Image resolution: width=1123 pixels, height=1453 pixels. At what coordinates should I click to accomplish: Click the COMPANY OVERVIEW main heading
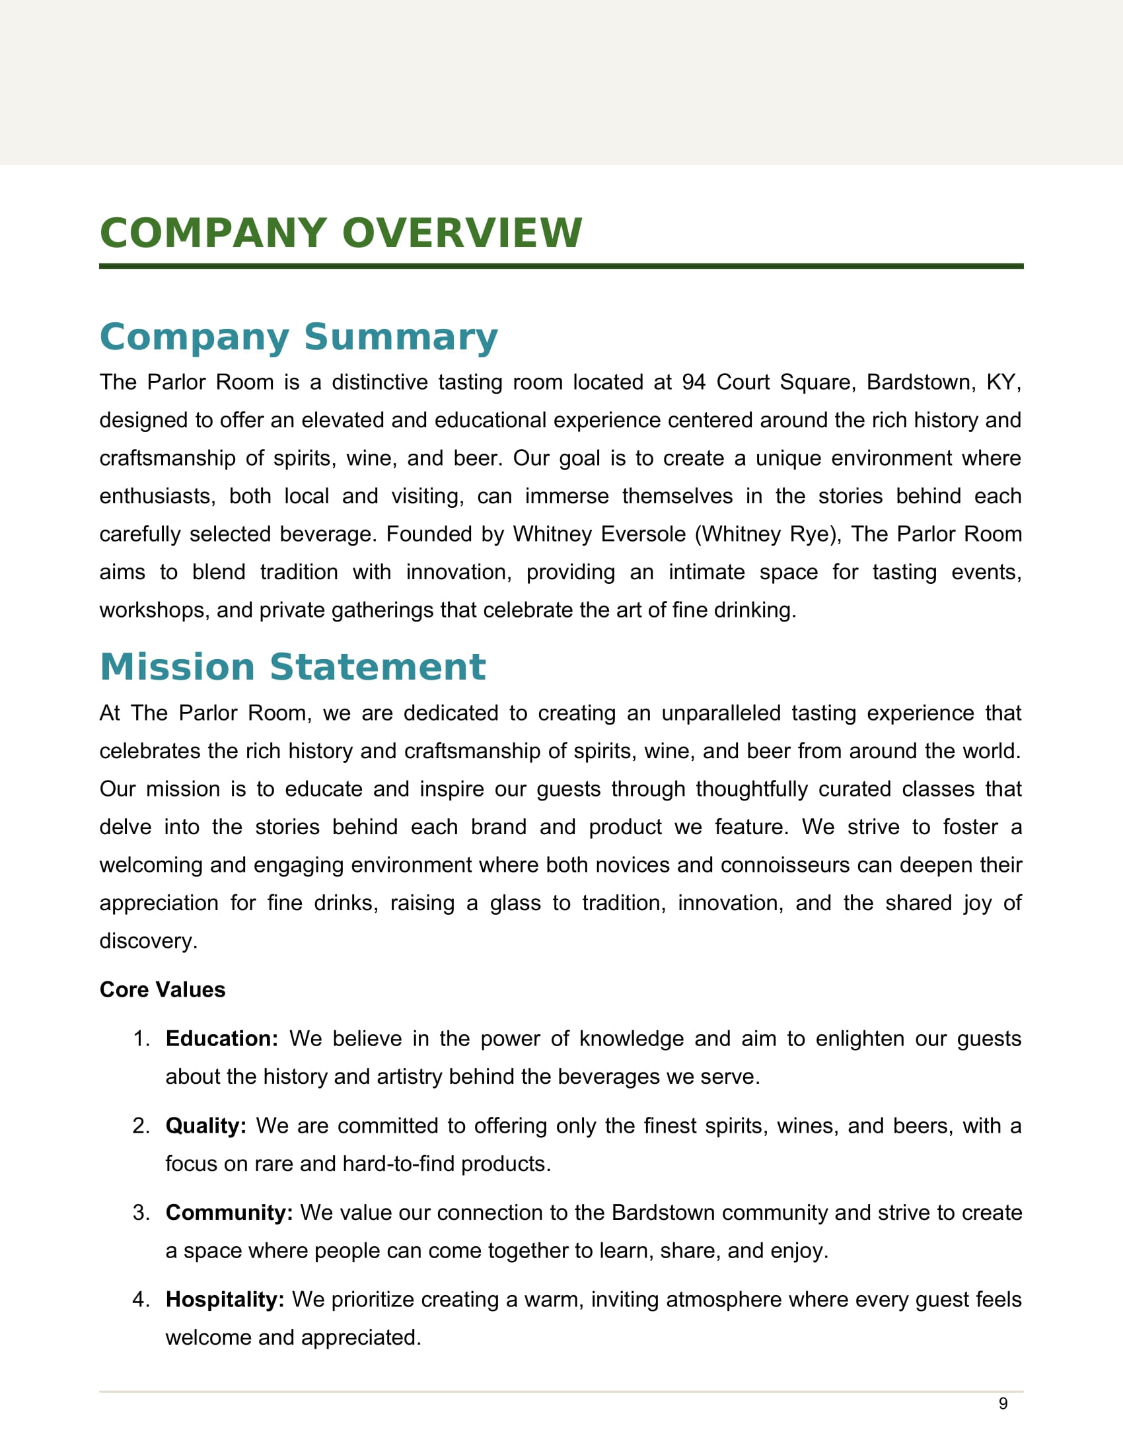(x=341, y=234)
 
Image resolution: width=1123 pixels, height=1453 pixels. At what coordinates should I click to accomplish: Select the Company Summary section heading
(x=298, y=337)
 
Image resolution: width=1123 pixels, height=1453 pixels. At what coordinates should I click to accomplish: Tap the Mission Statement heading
(x=293, y=667)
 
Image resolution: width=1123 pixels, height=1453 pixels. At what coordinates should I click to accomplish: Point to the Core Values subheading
(x=163, y=990)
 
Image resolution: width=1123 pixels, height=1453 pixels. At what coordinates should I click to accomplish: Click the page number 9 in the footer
(x=1003, y=1403)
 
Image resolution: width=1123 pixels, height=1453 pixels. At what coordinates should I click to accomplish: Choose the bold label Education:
(x=221, y=1039)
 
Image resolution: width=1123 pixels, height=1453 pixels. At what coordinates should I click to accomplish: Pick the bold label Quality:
(x=205, y=1126)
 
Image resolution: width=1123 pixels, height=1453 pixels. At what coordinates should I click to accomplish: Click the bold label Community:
(x=229, y=1213)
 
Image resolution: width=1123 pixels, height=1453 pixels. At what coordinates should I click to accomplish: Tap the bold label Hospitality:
(x=225, y=1299)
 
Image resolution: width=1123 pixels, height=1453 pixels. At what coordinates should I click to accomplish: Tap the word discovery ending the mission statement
(x=148, y=941)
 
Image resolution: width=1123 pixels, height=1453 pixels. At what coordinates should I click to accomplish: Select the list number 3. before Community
(x=142, y=1213)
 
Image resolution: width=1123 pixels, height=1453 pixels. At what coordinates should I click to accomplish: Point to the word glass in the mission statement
(x=515, y=903)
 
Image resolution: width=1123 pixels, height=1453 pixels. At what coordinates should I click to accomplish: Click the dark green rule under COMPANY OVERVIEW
(x=561, y=266)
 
